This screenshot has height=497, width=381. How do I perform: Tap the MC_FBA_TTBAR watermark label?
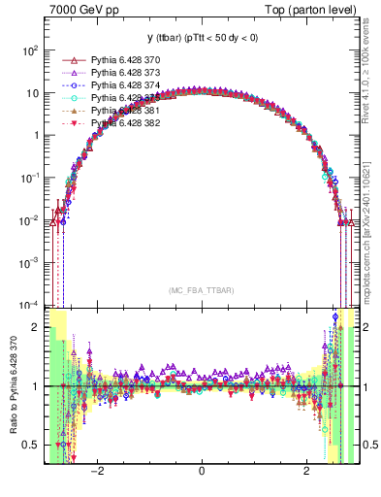tap(201, 291)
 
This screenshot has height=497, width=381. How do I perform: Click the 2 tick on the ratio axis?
tap(36, 328)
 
